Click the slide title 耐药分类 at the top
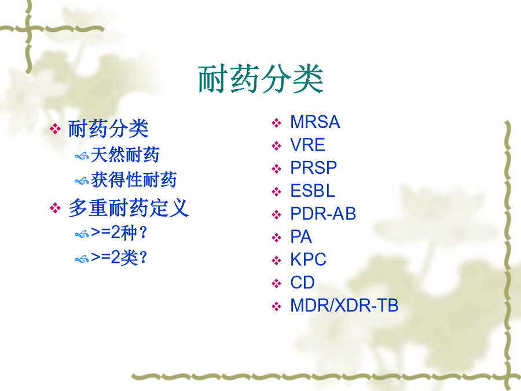coord(261,79)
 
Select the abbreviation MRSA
coord(315,122)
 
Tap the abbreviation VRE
coord(308,145)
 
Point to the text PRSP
coord(314,167)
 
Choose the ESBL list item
coord(313,191)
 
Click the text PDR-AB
coord(323,213)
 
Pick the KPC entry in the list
coord(309,260)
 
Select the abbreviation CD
coord(302,282)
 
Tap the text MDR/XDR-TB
coord(344,305)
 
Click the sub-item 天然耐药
coord(125,155)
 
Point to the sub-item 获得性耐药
coord(134,180)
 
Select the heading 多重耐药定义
coord(129,208)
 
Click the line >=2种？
coord(119,232)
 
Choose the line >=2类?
coord(119,257)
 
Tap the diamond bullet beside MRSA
coord(277,123)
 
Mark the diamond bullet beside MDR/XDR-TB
coord(277,306)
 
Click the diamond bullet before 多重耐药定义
coord(55,209)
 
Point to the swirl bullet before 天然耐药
coord(82,156)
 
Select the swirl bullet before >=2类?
coord(82,259)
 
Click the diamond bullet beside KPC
coord(277,261)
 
